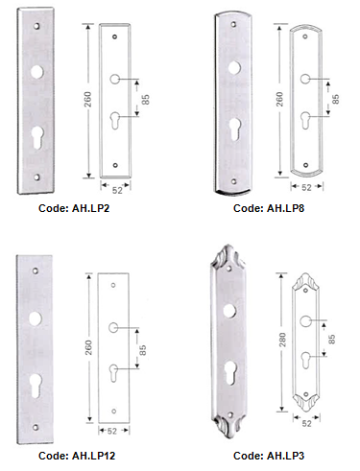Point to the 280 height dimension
(282, 340)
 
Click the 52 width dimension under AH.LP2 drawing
(117, 190)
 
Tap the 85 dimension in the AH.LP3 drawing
(332, 339)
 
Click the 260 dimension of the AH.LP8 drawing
(279, 99)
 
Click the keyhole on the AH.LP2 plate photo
(37, 136)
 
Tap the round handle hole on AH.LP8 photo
(234, 67)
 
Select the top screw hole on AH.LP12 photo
(36, 271)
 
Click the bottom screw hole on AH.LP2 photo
(37, 177)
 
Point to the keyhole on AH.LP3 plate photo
(230, 372)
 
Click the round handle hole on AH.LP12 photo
(36, 318)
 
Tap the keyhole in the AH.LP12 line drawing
(113, 372)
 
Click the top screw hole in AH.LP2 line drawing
(114, 36)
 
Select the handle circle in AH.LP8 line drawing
(305, 79)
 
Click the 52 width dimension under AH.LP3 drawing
(306, 423)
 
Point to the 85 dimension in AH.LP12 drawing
(143, 350)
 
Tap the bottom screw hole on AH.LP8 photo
(234, 181)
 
